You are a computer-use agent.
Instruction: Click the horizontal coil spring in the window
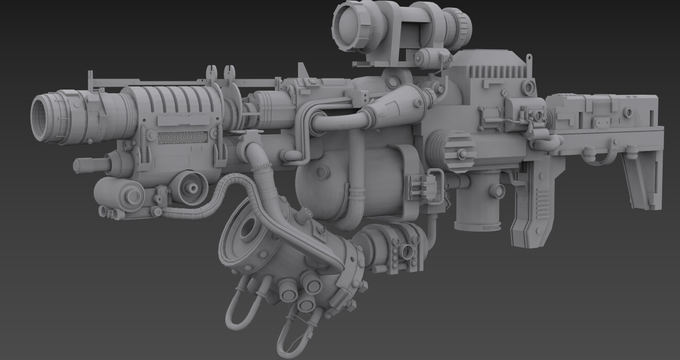tap(182, 137)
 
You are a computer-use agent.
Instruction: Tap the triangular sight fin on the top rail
tap(302, 71)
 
